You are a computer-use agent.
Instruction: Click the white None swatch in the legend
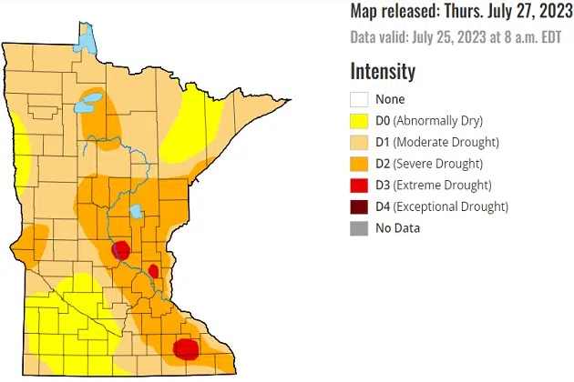click(x=359, y=100)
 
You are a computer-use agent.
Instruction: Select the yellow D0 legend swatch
click(x=359, y=121)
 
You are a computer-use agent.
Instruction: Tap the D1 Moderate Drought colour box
click(x=359, y=143)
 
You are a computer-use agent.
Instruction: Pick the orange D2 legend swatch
click(x=359, y=164)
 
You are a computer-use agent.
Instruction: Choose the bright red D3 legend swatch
click(x=359, y=186)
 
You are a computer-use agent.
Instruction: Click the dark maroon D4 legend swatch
click(x=359, y=206)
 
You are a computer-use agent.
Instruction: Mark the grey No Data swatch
click(x=359, y=228)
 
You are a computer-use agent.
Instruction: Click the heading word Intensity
click(x=383, y=71)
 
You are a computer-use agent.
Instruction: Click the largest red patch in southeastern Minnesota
click(x=186, y=348)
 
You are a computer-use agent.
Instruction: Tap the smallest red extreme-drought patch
click(x=154, y=271)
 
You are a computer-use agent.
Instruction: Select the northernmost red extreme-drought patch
click(x=121, y=250)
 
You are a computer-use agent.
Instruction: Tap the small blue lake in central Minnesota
click(x=135, y=213)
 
